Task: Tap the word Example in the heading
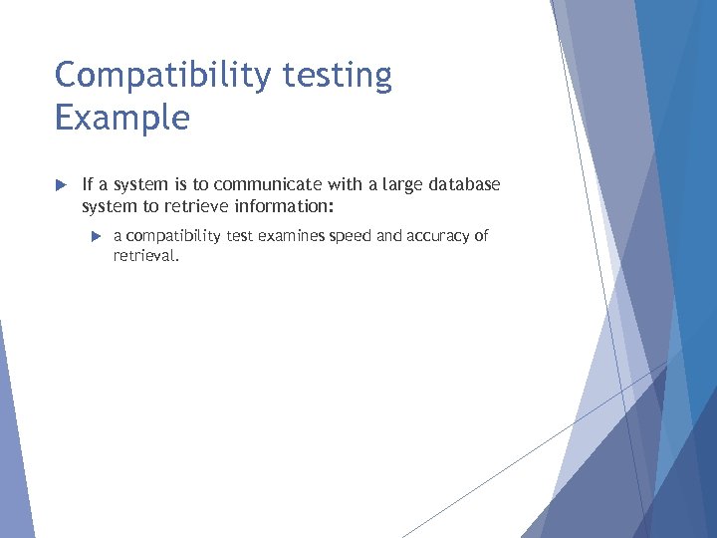click(x=121, y=118)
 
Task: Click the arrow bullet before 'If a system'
click(x=60, y=185)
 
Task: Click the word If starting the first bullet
click(x=88, y=184)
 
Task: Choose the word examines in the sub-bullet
click(x=299, y=236)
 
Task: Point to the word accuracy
click(x=437, y=236)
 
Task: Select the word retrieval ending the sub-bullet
click(x=145, y=255)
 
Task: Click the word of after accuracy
click(x=481, y=236)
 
